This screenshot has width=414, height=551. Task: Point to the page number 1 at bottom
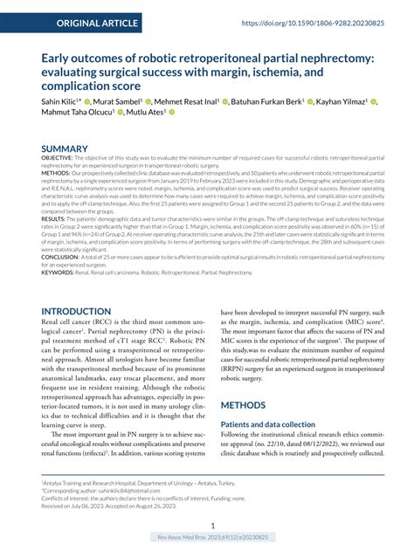pos(207,525)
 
